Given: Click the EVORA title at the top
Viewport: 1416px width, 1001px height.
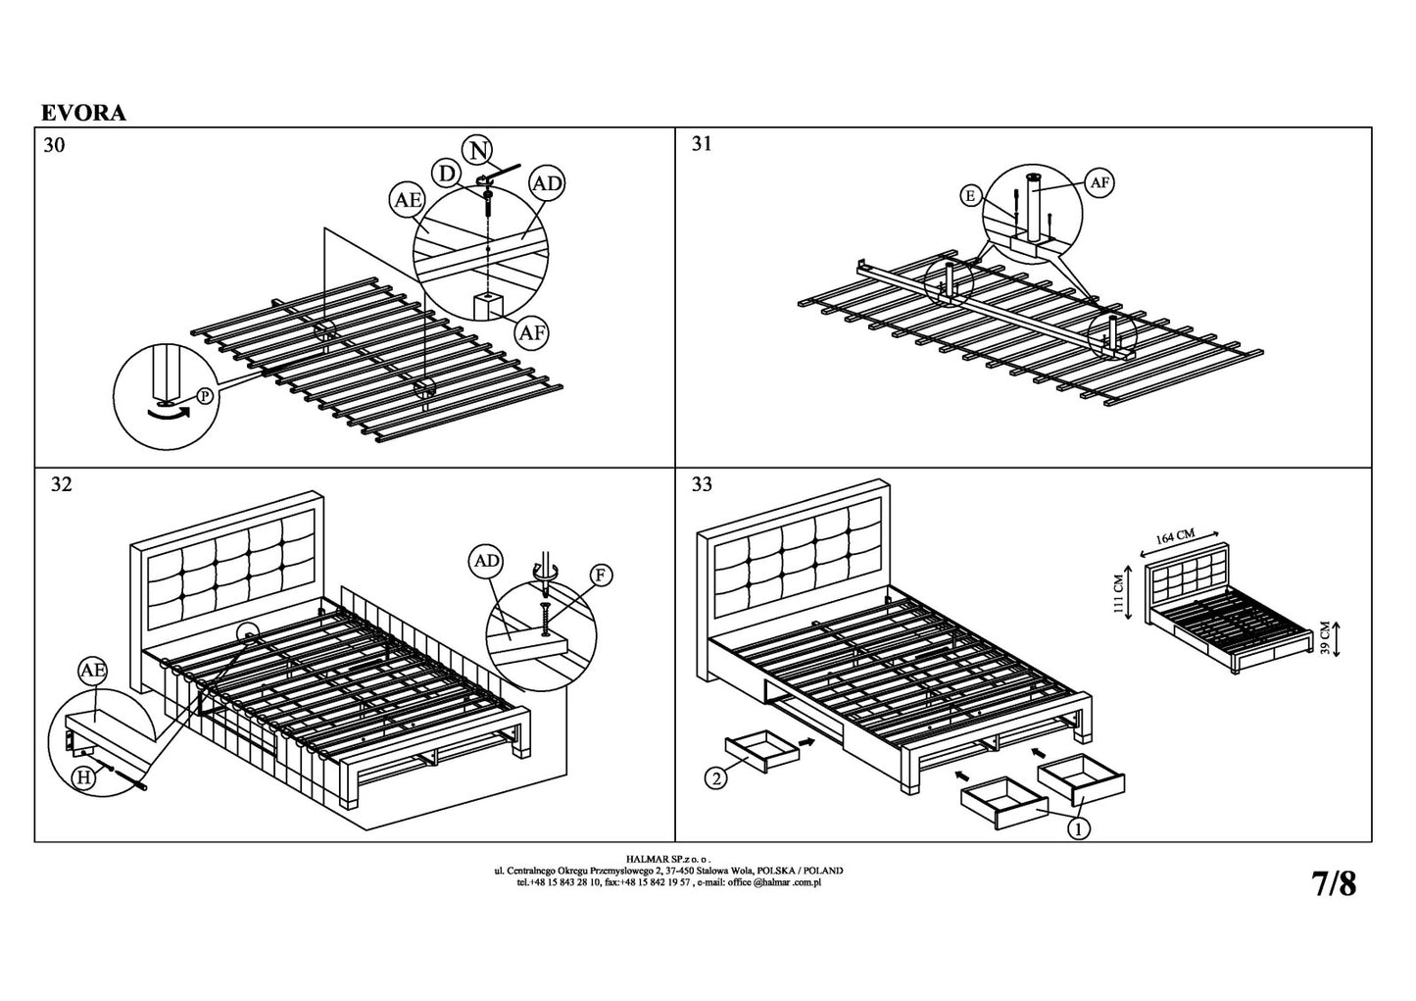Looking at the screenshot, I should click(x=83, y=113).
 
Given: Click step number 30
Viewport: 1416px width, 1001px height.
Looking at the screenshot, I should click(x=55, y=145).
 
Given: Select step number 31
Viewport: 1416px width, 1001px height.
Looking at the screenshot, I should click(x=702, y=144).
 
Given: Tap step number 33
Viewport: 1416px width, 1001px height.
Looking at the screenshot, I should click(x=702, y=484).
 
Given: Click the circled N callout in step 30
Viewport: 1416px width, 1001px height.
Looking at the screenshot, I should click(x=478, y=150).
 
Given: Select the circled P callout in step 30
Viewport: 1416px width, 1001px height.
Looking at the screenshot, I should click(x=205, y=396).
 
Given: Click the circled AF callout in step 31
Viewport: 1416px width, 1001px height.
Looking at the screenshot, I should click(x=1099, y=181).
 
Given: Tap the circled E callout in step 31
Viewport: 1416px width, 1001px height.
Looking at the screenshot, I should click(x=970, y=197).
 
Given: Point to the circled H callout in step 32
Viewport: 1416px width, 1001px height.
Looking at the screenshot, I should click(x=87, y=777).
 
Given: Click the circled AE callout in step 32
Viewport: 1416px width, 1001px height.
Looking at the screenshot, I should click(x=92, y=671).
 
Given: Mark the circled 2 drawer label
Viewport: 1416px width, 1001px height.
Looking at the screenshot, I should click(x=716, y=780).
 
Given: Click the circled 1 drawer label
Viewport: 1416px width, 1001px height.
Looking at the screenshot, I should click(x=1078, y=828).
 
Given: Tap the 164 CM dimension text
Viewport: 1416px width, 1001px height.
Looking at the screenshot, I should click(x=1175, y=537).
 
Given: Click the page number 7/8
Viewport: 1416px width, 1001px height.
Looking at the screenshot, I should click(x=1334, y=884).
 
